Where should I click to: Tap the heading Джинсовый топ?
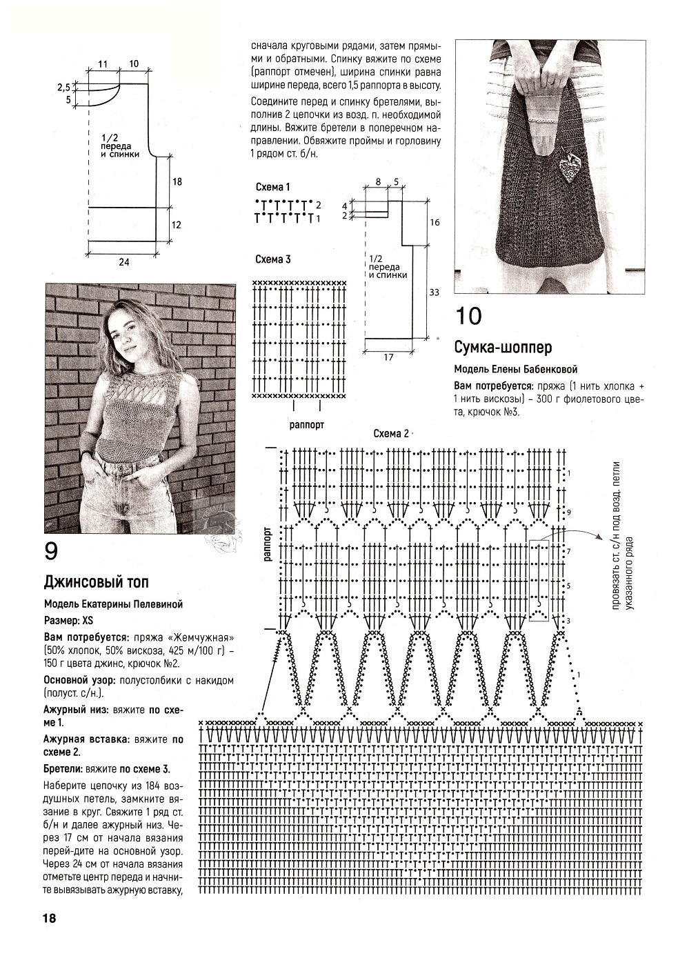(97, 583)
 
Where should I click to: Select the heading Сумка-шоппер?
(503, 348)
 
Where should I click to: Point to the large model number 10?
(468, 317)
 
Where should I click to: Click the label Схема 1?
(273, 187)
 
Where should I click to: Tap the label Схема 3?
(273, 259)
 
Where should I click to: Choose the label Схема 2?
(391, 434)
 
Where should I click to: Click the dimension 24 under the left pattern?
(123, 262)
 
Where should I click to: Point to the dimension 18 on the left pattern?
(177, 182)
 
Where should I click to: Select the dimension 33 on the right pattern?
(434, 292)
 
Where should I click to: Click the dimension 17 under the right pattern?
(388, 357)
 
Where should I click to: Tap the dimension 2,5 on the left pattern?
(63, 88)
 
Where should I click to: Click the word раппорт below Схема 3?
(307, 425)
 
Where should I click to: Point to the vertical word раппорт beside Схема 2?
(268, 543)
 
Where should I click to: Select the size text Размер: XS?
(68, 620)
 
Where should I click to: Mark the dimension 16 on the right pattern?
(435, 222)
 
